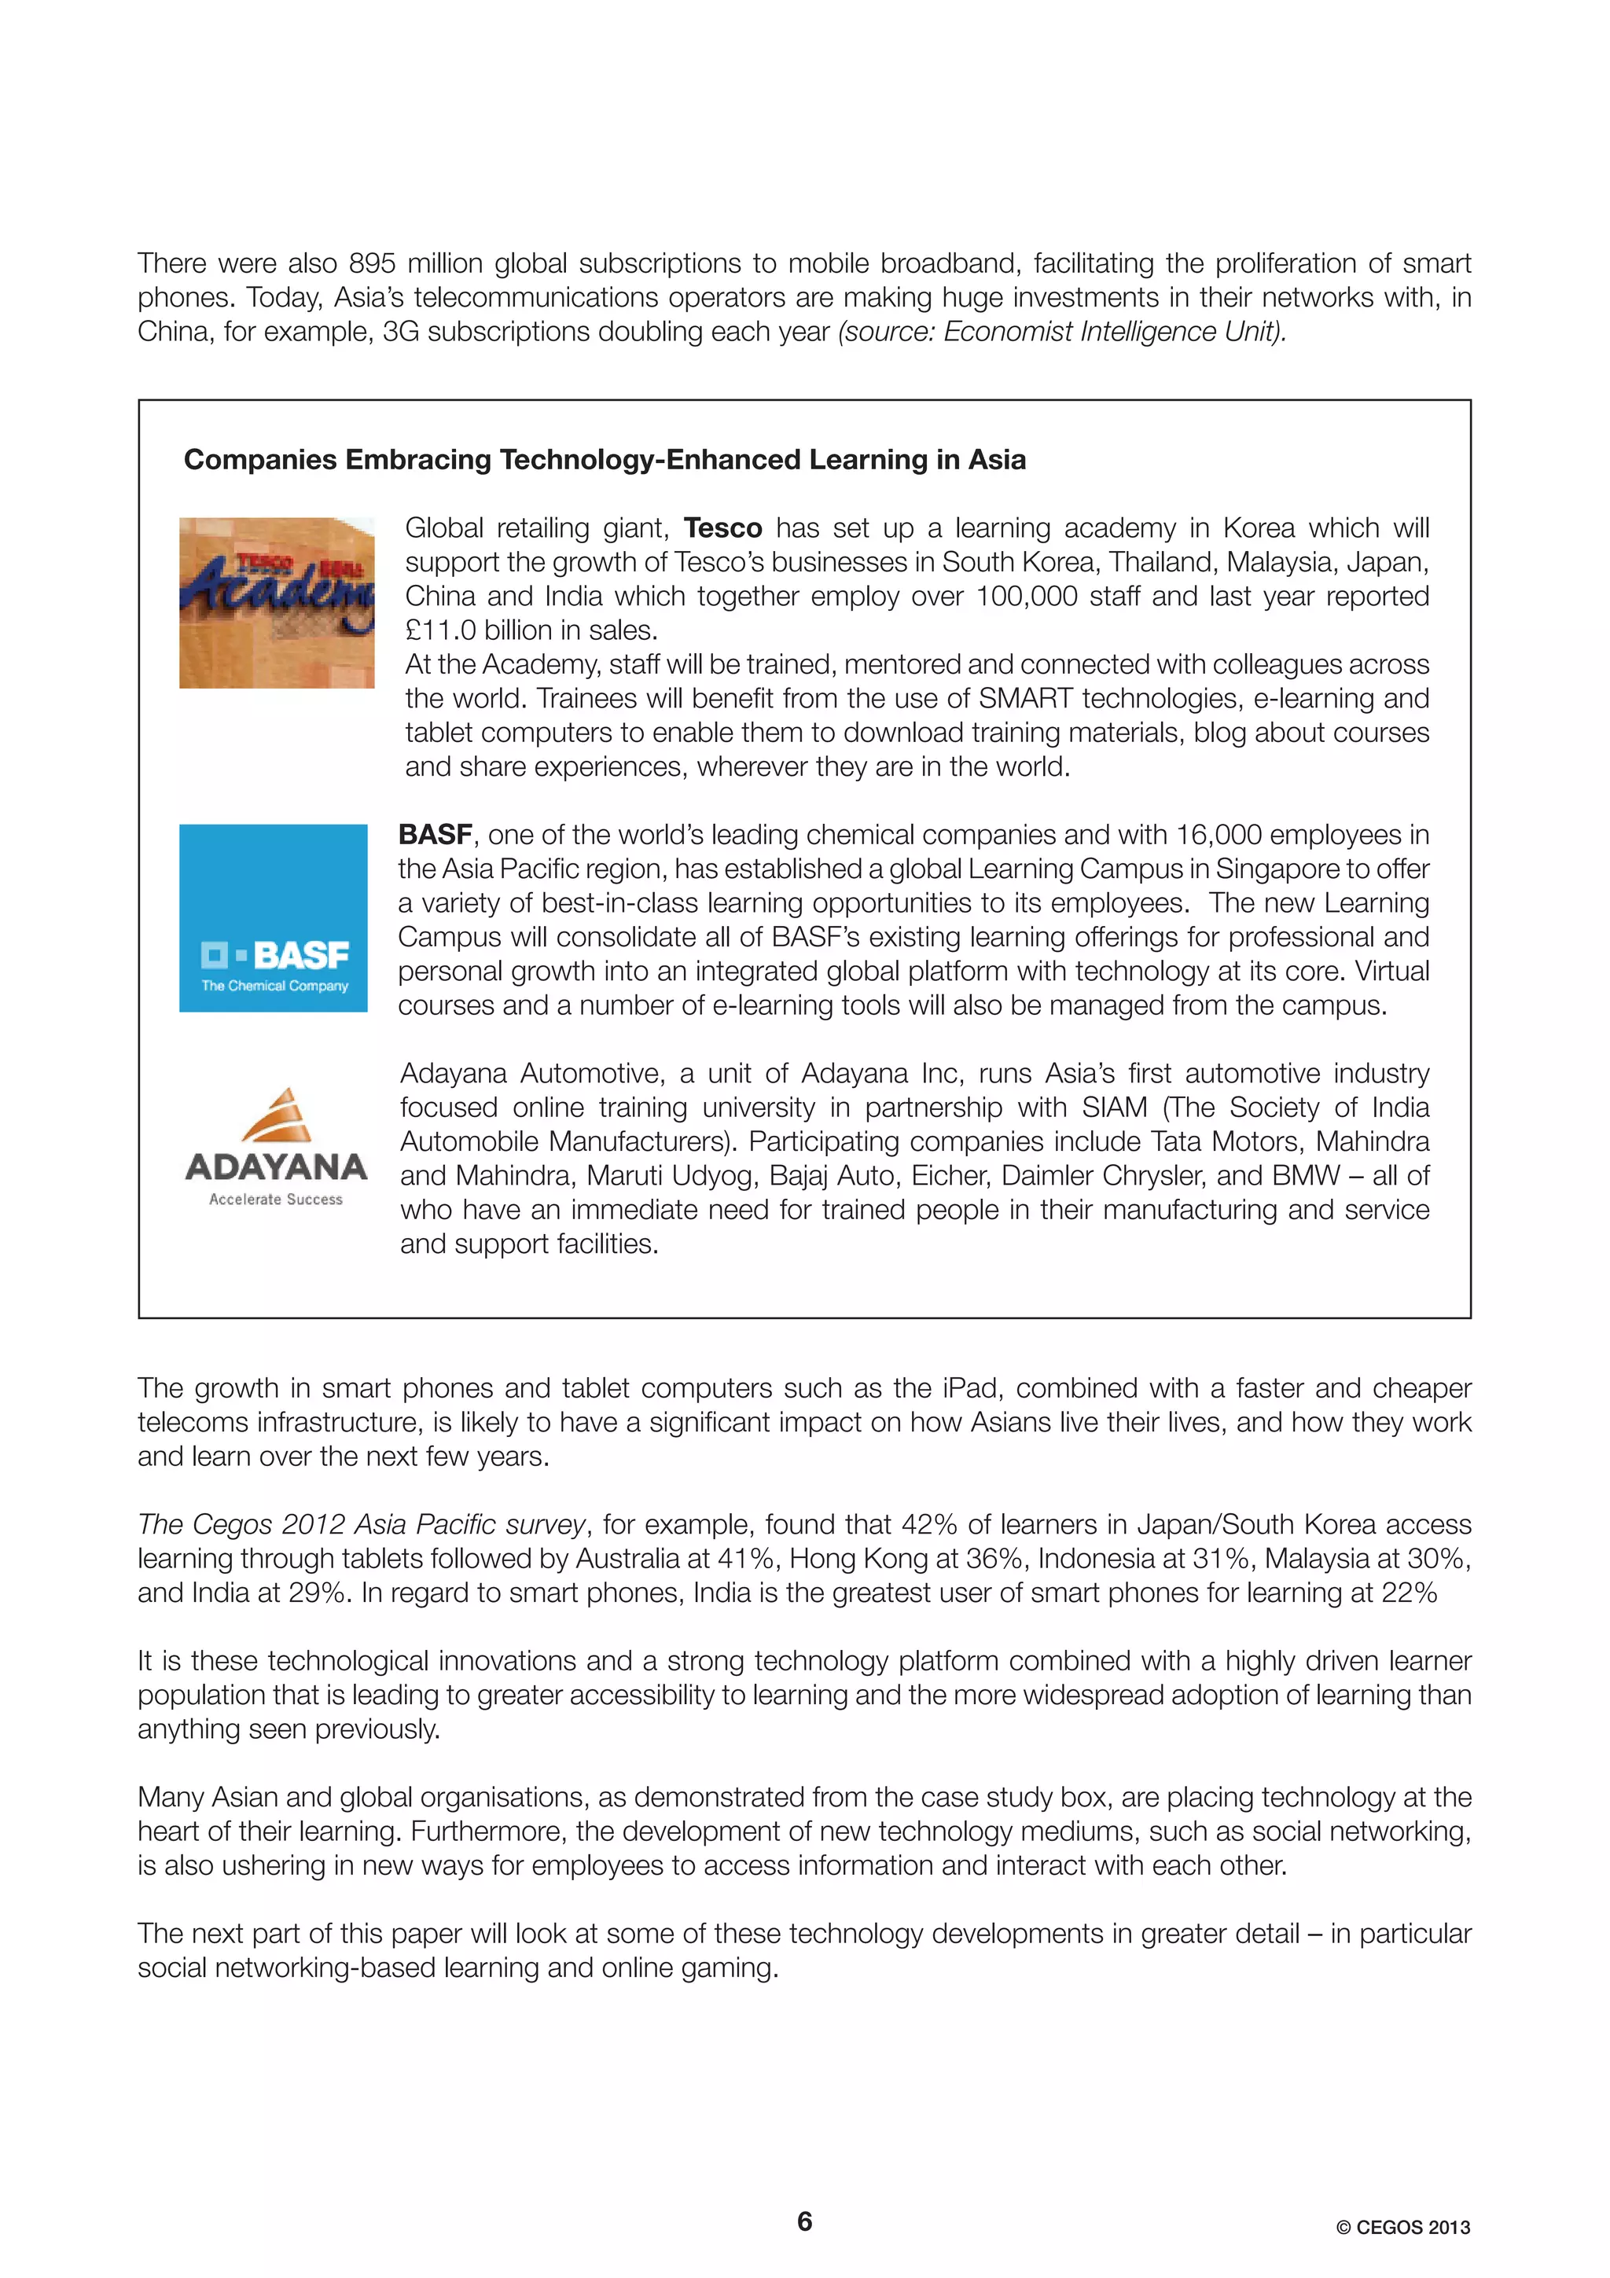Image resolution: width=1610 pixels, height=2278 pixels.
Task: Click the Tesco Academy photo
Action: pyautogui.click(x=277, y=602)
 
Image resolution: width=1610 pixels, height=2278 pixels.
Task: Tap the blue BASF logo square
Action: pyautogui.click(x=273, y=918)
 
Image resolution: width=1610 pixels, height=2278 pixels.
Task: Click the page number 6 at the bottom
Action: pyautogui.click(x=804, y=2221)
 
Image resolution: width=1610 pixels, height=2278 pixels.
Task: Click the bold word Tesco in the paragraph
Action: pyautogui.click(x=722, y=527)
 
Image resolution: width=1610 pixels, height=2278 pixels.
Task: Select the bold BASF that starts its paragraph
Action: pyautogui.click(x=435, y=835)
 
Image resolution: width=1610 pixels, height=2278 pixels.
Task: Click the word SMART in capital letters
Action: pyautogui.click(x=1025, y=699)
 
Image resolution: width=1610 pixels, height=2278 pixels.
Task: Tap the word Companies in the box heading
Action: pyautogui.click(x=260, y=459)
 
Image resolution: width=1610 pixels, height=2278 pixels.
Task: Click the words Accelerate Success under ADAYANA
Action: pyautogui.click(x=276, y=1199)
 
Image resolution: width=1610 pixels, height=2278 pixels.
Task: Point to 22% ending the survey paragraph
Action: pyautogui.click(x=1409, y=1593)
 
